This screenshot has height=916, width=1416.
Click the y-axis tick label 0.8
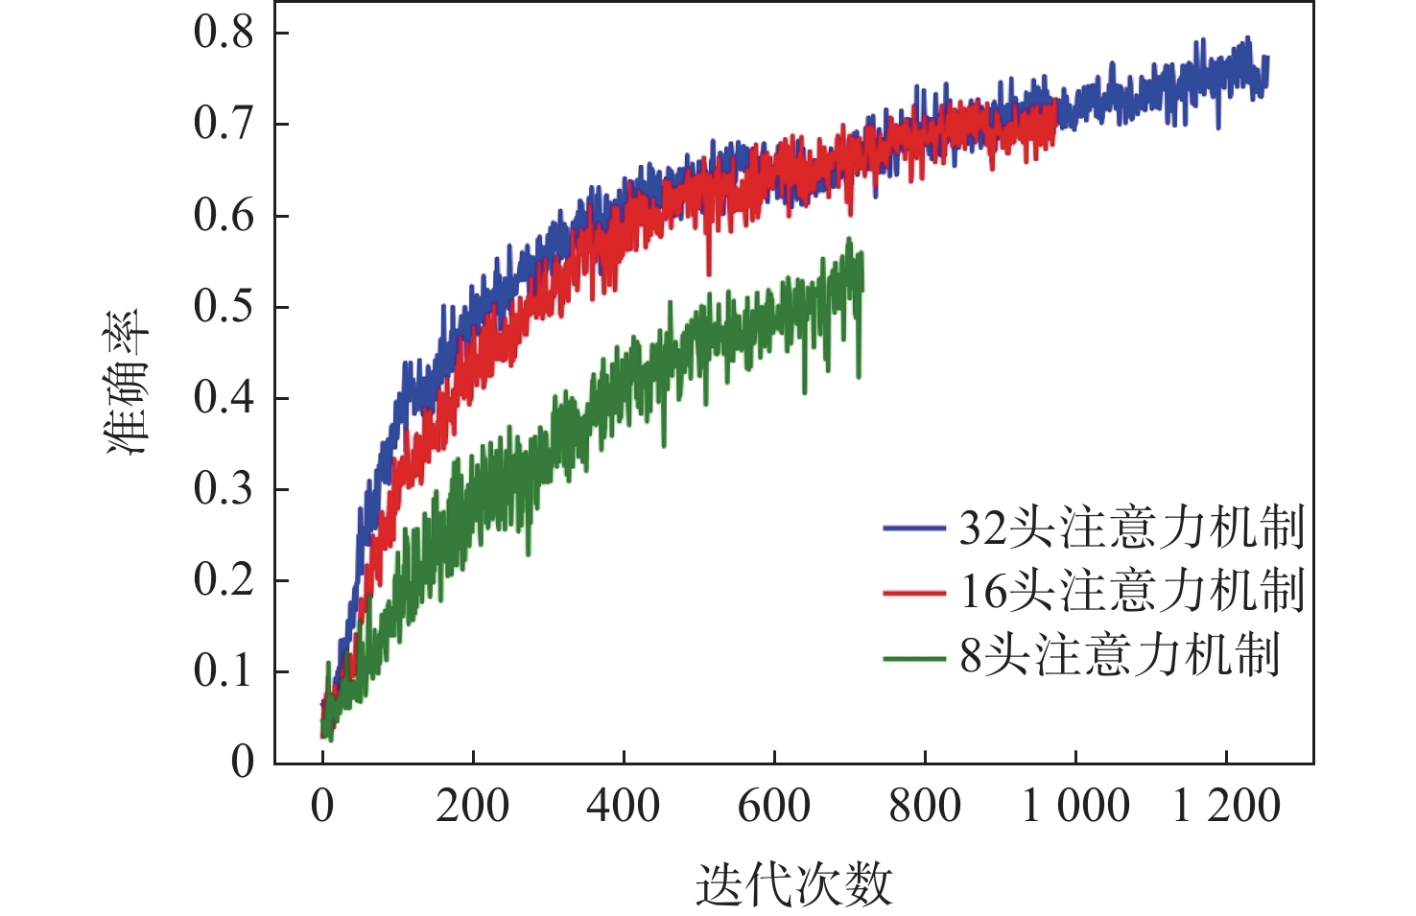(223, 33)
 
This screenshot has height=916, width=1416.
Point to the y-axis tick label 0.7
(223, 124)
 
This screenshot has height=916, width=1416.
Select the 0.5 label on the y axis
(223, 307)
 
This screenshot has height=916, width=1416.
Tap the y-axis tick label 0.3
(223, 489)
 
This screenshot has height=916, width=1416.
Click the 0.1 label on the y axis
(223, 671)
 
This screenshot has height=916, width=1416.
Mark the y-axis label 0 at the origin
(243, 762)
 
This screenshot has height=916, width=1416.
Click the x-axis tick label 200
(472, 806)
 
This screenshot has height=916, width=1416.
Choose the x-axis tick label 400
(623, 806)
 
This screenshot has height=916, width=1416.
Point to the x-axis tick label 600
(773, 806)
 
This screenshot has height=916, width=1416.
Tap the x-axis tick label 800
(924, 806)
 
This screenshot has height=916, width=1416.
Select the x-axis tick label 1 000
(1074, 806)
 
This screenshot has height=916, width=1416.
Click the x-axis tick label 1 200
(1226, 806)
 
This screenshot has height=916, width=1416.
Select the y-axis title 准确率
(129, 382)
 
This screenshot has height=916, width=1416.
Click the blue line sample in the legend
(914, 528)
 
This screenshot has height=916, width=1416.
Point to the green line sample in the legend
(914, 658)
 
